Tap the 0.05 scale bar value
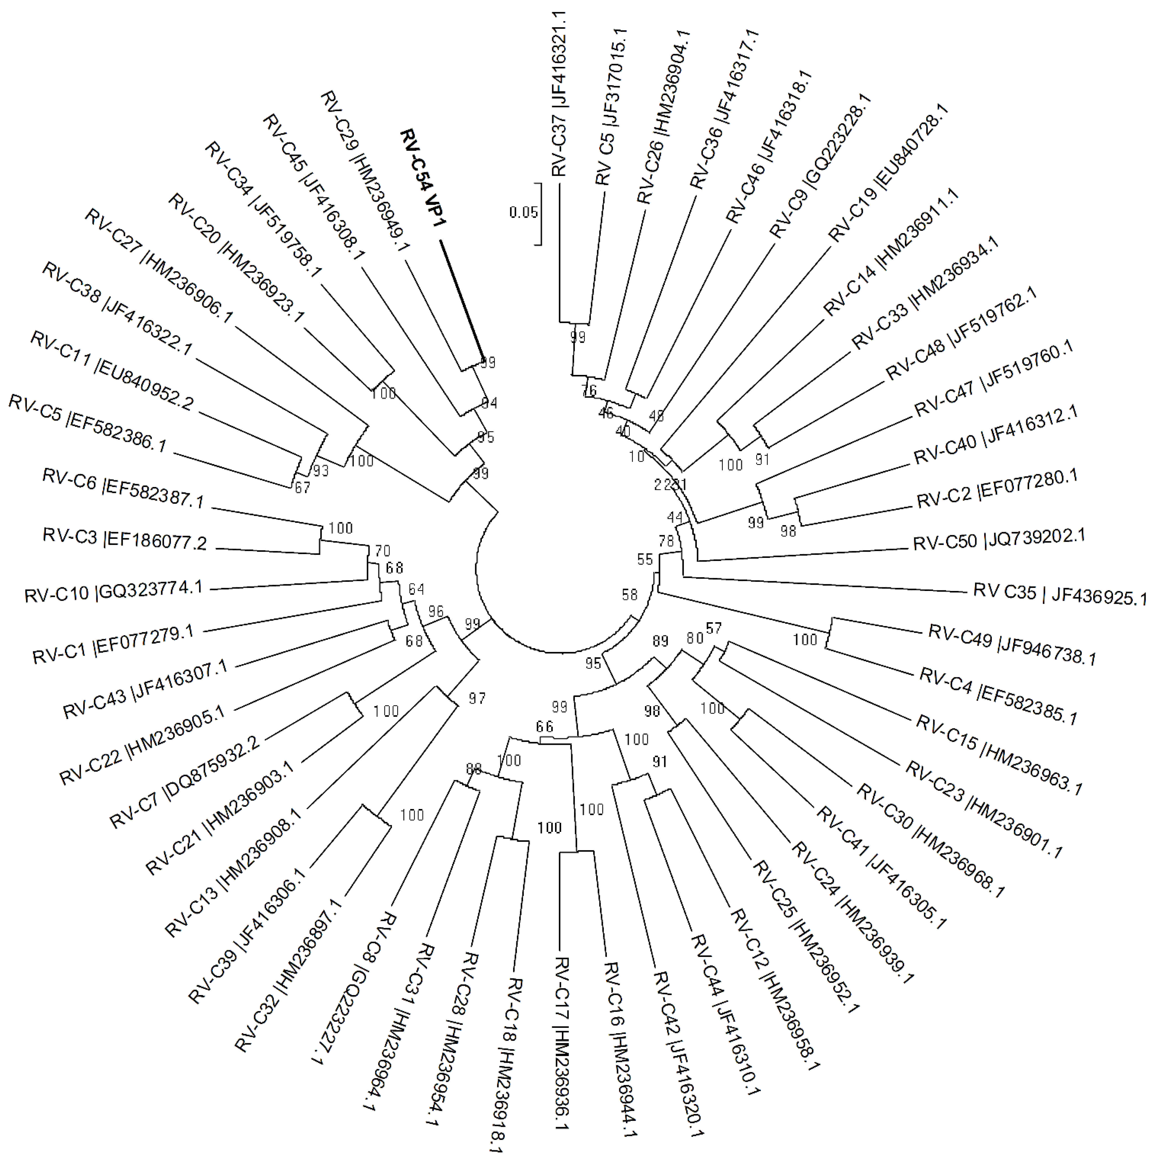click(523, 212)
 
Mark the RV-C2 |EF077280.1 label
click(997, 489)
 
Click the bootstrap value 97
click(477, 699)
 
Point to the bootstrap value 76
click(589, 390)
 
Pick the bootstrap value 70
click(382, 551)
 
